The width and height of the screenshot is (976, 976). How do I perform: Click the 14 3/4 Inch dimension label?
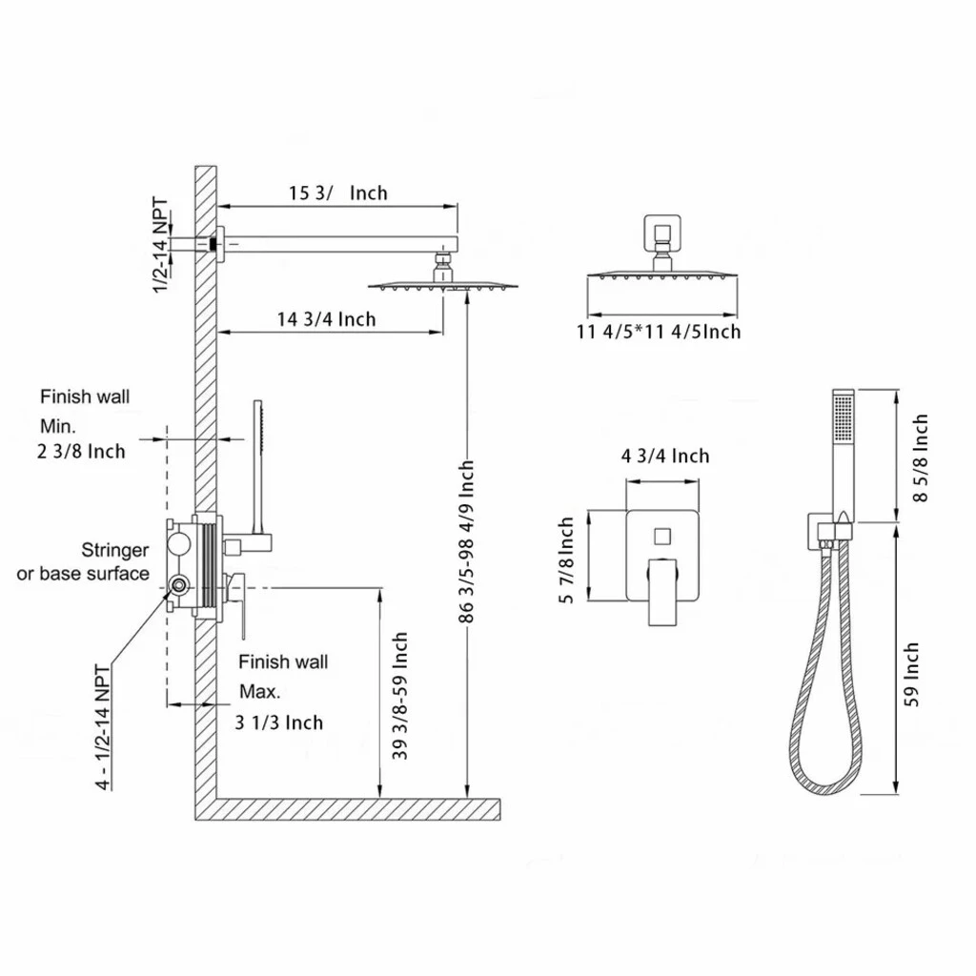[327, 319]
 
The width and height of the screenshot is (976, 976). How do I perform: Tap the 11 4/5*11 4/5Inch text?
[659, 331]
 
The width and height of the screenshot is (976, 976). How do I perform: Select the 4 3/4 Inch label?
[665, 457]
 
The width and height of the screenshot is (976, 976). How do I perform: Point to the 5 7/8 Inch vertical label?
[566, 560]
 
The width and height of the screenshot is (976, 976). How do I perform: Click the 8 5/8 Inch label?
[920, 457]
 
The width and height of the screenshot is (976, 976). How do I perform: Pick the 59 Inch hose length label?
[912, 675]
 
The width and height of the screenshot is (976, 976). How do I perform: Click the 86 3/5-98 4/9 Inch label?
[466, 541]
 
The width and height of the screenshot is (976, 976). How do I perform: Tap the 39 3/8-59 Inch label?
[400, 696]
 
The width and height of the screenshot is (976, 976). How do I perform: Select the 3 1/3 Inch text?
[279, 722]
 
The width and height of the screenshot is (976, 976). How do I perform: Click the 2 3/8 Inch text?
[81, 451]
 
